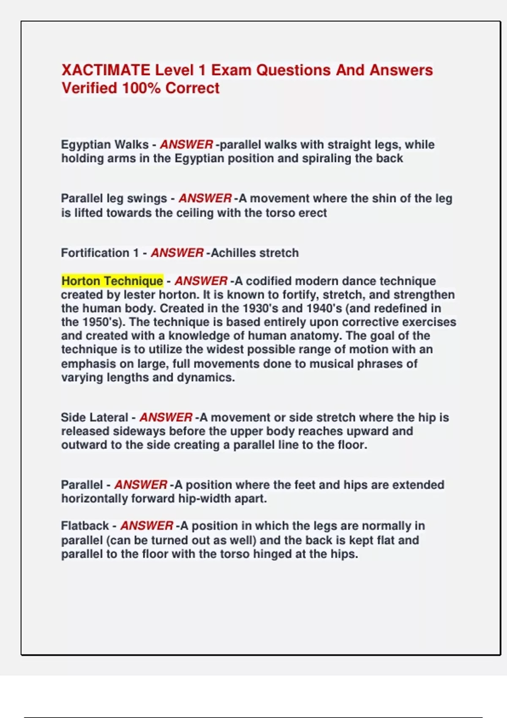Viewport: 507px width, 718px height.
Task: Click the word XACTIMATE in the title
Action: click(x=106, y=70)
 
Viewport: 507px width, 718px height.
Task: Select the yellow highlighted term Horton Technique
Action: click(x=112, y=281)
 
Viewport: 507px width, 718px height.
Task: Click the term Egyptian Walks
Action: click(x=104, y=144)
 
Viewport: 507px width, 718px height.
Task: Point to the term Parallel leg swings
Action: click(x=114, y=199)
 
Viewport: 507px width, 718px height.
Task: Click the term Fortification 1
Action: click(x=100, y=253)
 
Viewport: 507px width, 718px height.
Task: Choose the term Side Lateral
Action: click(x=94, y=418)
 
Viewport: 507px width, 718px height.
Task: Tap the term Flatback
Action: click(x=84, y=526)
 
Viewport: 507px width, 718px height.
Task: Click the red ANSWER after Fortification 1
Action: click(x=177, y=253)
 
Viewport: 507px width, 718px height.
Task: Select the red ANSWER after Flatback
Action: click(x=147, y=526)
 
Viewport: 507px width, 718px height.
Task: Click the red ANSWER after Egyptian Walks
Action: click(x=186, y=144)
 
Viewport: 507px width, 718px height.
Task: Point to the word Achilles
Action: click(x=233, y=253)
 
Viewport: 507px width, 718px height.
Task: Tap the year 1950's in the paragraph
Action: click(x=102, y=322)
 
